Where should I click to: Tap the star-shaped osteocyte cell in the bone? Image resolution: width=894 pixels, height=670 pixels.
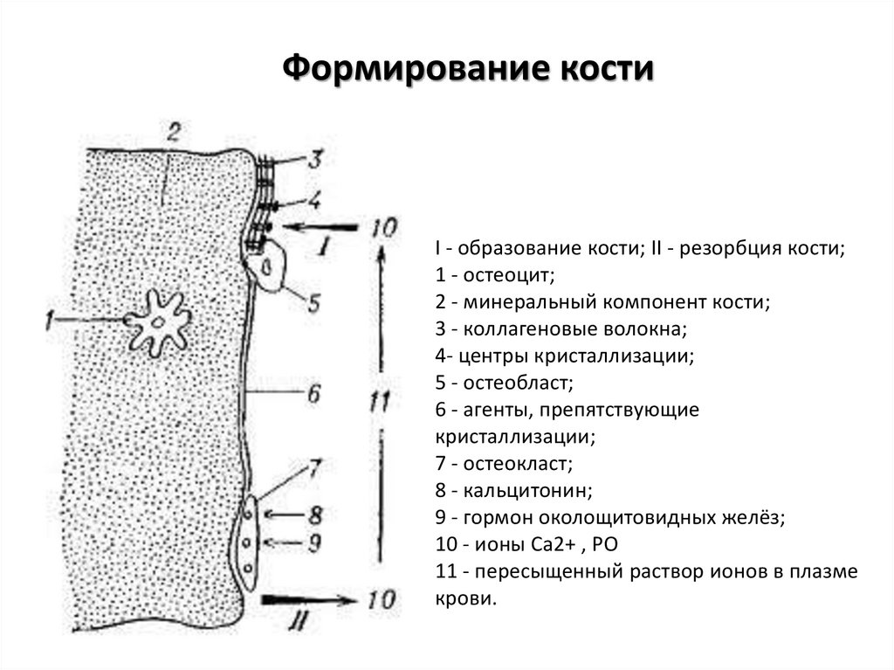[158, 322]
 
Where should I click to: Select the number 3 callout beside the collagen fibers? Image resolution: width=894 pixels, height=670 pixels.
[314, 160]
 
